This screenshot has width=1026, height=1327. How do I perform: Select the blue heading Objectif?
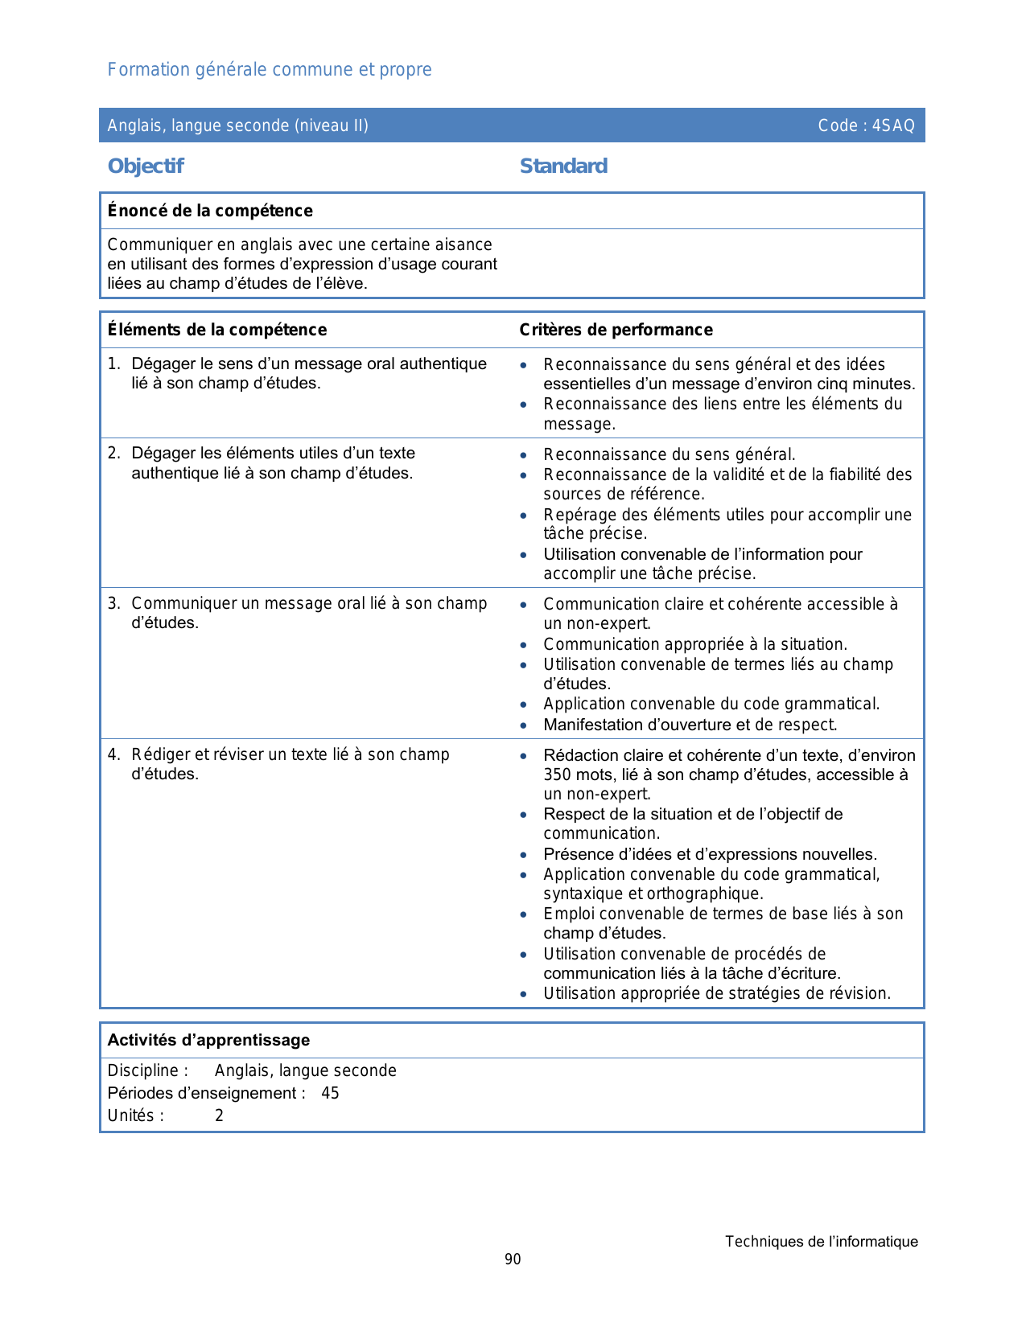(146, 166)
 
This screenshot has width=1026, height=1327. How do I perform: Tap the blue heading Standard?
(563, 166)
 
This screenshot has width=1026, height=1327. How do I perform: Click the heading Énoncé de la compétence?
(210, 211)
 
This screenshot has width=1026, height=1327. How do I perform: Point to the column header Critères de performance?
(616, 330)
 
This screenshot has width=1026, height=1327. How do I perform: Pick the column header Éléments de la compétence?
(217, 330)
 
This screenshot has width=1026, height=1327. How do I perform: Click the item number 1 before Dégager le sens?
(113, 364)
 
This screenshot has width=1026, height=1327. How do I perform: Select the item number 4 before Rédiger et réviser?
(113, 754)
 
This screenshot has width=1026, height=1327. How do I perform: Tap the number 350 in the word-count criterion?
(557, 774)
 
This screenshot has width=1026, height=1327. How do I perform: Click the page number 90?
(513, 1259)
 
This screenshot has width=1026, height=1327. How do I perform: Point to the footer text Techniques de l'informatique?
(821, 1242)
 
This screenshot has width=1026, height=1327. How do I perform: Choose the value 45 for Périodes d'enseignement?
(330, 1093)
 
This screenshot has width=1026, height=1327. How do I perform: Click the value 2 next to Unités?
(219, 1115)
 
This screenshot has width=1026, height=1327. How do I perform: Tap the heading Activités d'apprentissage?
(208, 1040)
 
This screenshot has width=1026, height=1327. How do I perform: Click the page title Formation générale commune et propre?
(270, 70)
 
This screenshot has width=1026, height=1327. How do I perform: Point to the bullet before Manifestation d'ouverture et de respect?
(524, 725)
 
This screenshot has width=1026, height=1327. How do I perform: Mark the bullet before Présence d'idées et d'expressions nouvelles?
(524, 855)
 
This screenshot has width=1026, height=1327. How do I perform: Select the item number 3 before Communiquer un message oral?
(113, 603)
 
